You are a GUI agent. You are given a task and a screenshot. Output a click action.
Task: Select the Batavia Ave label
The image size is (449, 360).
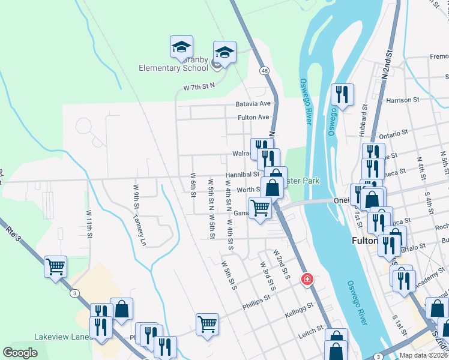(x=253, y=104)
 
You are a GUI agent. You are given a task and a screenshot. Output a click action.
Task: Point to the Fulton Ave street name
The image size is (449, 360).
(x=253, y=118)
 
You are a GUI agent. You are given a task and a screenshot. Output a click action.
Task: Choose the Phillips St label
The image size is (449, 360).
(x=257, y=305)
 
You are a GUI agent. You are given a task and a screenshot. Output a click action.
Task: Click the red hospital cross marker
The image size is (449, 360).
(x=307, y=279)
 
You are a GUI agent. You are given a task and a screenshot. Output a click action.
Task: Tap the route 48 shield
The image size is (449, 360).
(x=264, y=71)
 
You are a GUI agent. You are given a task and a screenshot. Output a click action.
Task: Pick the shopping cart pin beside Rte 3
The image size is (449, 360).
(x=55, y=265)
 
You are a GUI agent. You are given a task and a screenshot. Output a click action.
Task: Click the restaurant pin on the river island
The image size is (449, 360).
(x=342, y=95)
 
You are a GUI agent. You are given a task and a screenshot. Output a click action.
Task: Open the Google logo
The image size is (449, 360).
(x=20, y=353)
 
